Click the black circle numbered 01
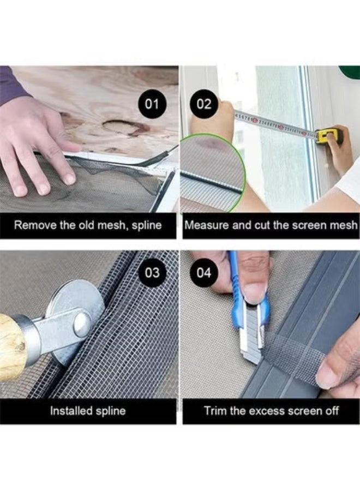coord(152,104)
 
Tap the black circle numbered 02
coord(204,104)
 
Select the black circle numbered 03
coord(152,273)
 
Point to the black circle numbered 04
coord(204,273)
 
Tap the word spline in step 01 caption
coord(146,225)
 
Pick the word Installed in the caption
coord(71,410)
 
